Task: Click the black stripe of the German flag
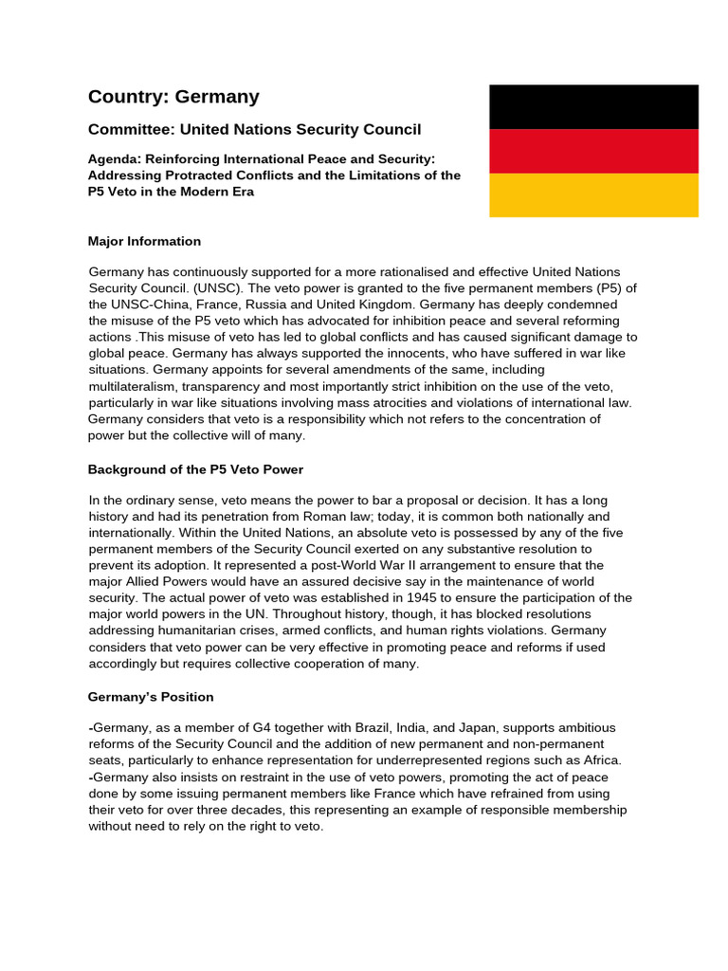point(593,106)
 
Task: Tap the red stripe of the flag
point(593,151)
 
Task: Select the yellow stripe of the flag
point(593,195)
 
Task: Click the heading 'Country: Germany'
point(173,96)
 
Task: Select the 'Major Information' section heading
point(144,241)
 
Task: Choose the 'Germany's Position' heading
point(151,697)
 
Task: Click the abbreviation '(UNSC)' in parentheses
point(218,287)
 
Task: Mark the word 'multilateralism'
point(135,386)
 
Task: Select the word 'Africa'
point(597,760)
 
